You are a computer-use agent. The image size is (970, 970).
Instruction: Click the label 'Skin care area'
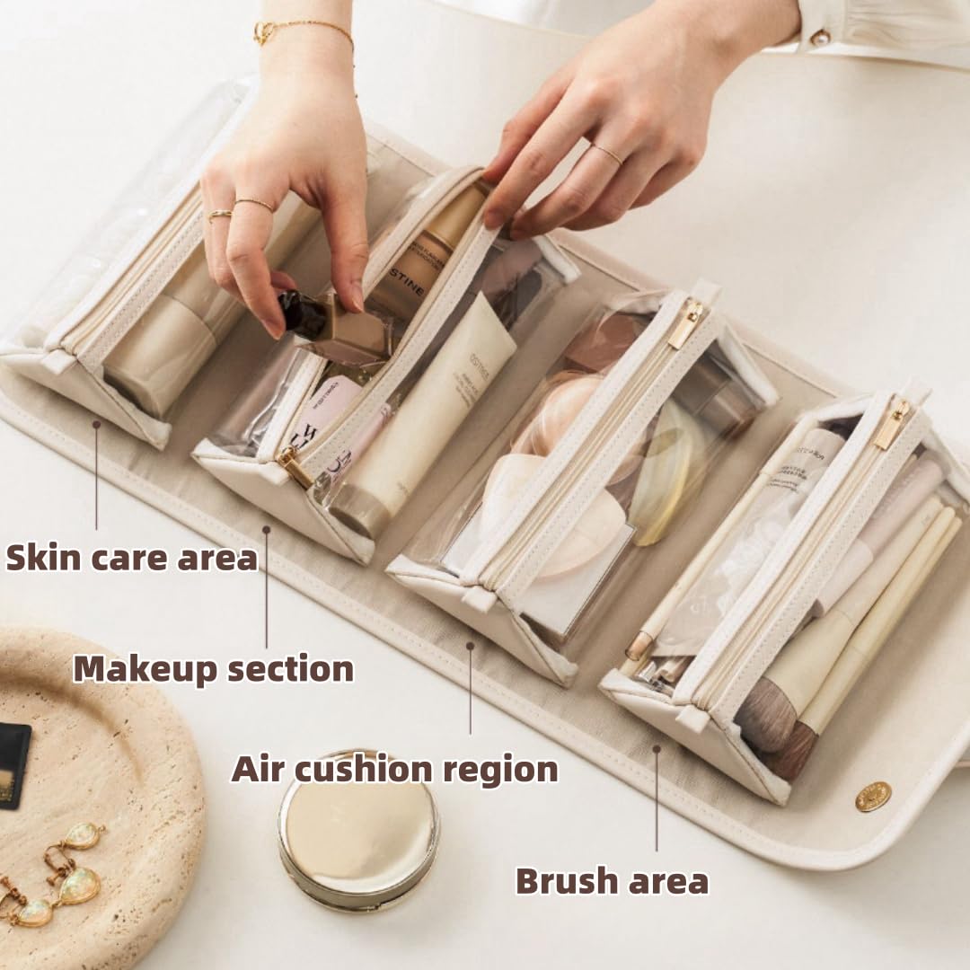point(132,557)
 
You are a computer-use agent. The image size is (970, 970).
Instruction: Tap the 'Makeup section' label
point(213,669)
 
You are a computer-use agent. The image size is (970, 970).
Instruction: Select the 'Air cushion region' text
point(394,770)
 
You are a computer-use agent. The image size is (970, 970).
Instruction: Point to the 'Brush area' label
point(612,881)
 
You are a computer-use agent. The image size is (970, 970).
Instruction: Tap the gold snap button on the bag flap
point(872,796)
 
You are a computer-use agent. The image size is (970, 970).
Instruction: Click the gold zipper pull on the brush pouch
point(892,424)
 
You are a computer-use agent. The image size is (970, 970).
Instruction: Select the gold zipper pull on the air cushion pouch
point(686,323)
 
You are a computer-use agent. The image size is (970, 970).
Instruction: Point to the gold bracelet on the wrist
point(303,31)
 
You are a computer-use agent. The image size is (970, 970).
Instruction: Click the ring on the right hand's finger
point(608,154)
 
